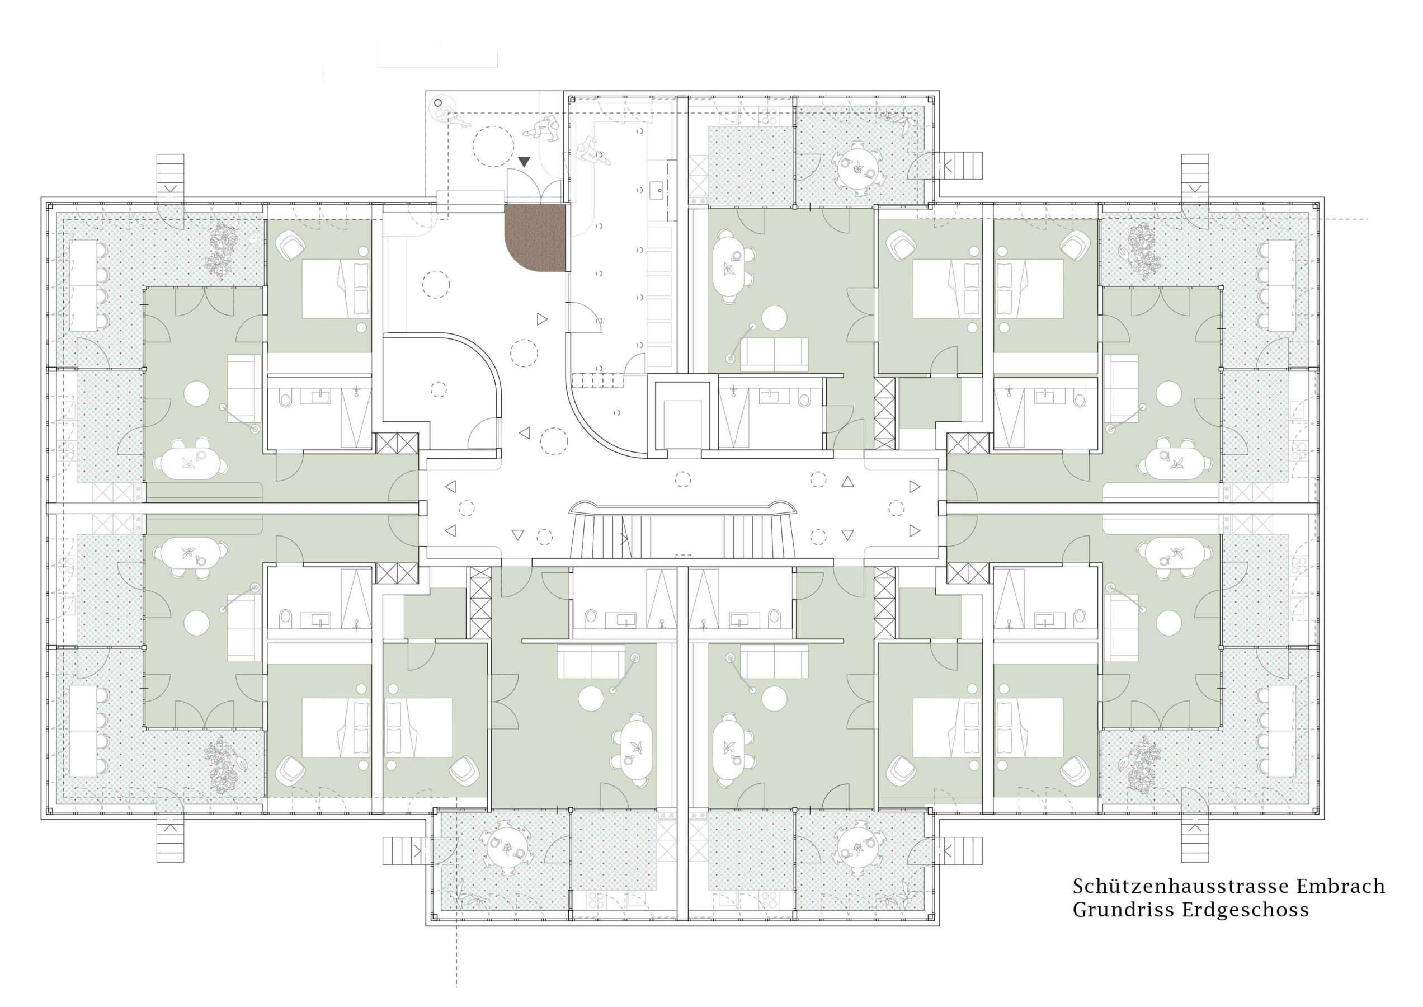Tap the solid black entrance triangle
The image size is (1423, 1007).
(x=524, y=162)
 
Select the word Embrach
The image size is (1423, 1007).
(x=1339, y=886)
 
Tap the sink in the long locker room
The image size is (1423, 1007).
(x=657, y=190)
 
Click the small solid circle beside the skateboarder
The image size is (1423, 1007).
(x=439, y=103)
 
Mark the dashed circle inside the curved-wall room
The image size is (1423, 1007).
(x=439, y=389)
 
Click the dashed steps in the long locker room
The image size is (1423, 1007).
(x=597, y=379)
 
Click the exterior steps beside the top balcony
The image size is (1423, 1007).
(x=962, y=166)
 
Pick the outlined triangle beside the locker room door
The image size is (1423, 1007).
(x=542, y=319)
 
